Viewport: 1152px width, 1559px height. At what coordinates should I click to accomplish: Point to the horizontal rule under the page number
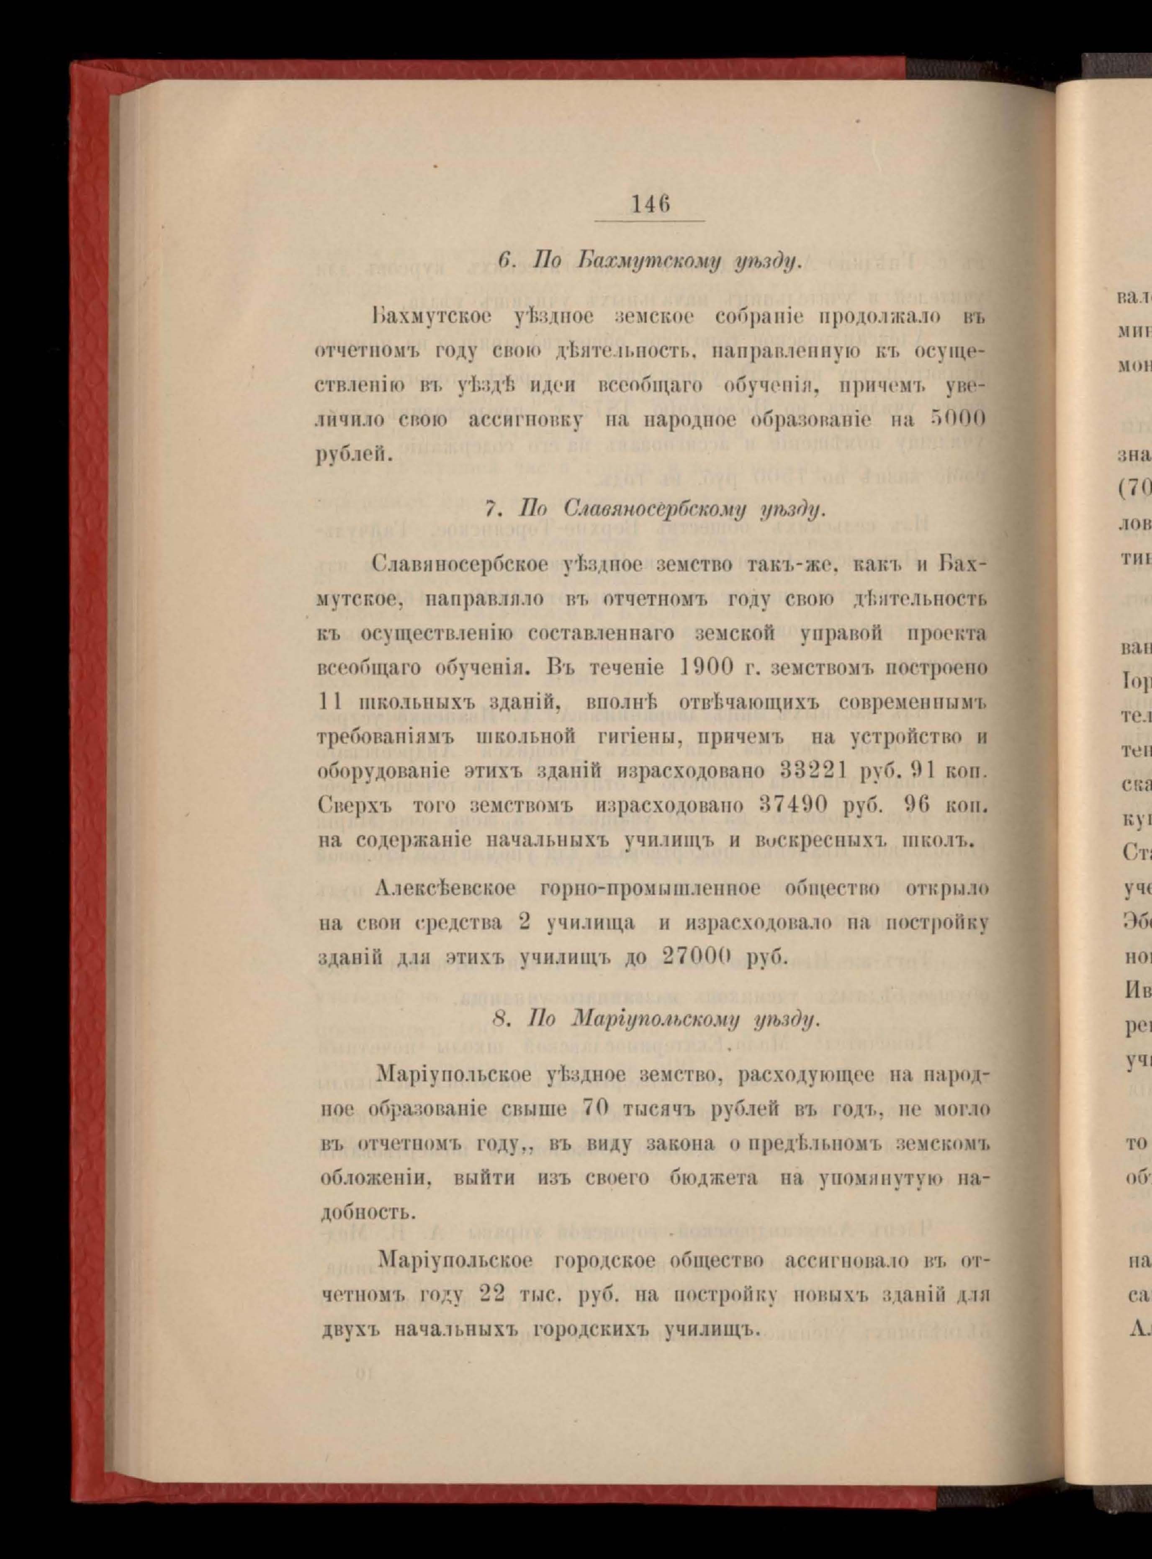[x=650, y=222]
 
